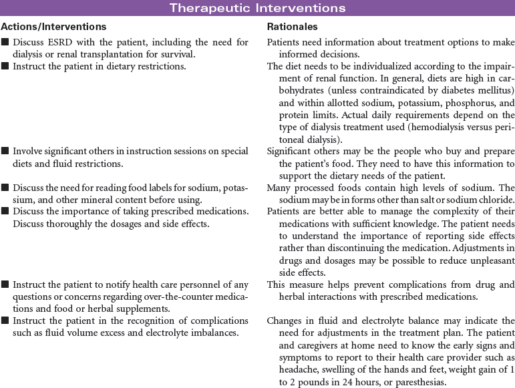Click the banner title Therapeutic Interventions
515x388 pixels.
pyautogui.click(x=257, y=8)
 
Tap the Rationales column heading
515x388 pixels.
pyautogui.click(x=292, y=27)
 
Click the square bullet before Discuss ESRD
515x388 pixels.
pyautogui.click(x=5, y=43)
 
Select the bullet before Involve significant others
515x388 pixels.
pyautogui.click(x=5, y=152)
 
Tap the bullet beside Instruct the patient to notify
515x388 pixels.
pyautogui.click(x=5, y=284)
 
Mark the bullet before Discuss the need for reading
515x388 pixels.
pyautogui.click(x=5, y=188)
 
